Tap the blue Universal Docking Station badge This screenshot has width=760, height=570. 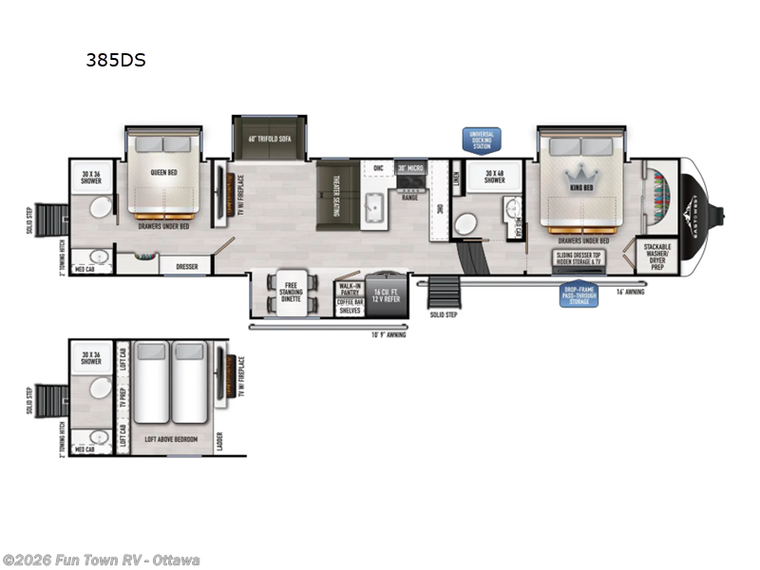pos(482,140)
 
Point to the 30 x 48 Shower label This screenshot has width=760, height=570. pos(495,178)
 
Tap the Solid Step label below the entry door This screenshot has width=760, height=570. pos(443,314)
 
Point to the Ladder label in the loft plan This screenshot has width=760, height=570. pos(220,441)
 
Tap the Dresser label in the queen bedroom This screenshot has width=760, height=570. pos(186,267)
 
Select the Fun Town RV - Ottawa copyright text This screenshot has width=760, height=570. pos(101,560)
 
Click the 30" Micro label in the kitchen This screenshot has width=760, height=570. pos(410,168)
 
